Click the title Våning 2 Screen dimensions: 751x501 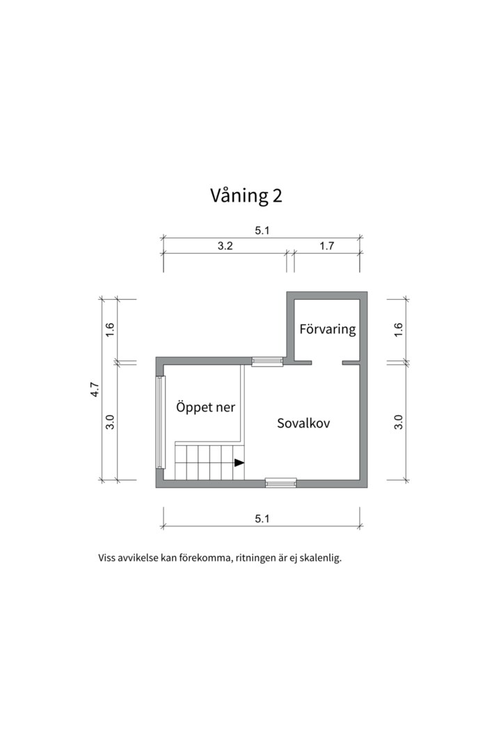(x=246, y=196)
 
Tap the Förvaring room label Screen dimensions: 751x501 (x=327, y=329)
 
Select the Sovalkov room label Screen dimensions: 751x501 (x=303, y=423)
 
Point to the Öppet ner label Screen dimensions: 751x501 (x=205, y=407)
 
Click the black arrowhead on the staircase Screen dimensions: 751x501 (x=239, y=462)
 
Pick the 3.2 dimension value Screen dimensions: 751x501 (x=225, y=245)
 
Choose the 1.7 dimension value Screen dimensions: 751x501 (x=327, y=245)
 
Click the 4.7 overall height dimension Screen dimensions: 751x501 (x=95, y=389)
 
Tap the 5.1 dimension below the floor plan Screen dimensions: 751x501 (x=262, y=518)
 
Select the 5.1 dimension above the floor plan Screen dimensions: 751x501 (x=262, y=231)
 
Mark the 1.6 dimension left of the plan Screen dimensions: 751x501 (x=110, y=330)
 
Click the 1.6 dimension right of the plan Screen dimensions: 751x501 (x=399, y=330)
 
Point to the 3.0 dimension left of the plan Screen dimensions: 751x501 (x=110, y=421)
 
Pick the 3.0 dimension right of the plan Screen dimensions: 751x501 (x=399, y=421)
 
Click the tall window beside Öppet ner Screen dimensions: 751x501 (x=161, y=422)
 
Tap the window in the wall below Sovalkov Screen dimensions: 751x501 (x=281, y=482)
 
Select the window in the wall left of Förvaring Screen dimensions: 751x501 (x=267, y=361)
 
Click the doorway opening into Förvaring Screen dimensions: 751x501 (x=327, y=362)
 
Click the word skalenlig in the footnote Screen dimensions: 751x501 (x=321, y=558)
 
